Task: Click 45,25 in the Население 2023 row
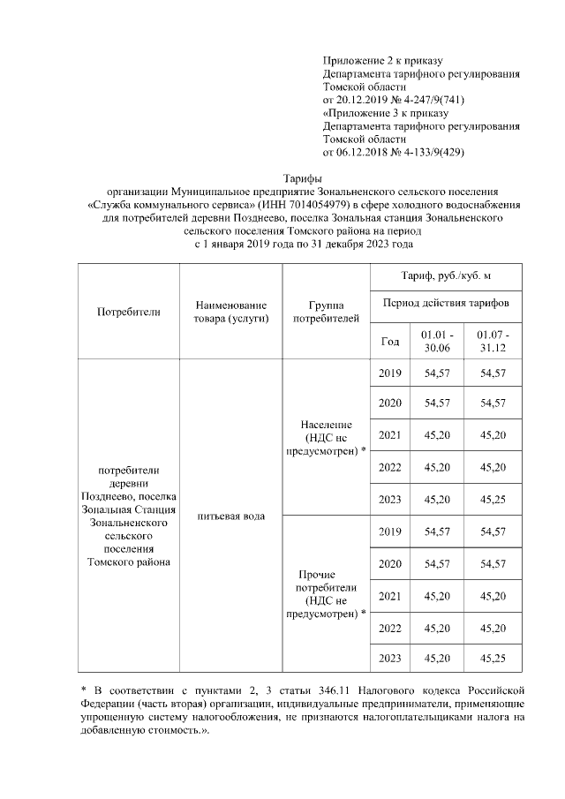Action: [493, 500]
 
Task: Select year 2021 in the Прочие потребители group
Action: [389, 596]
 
